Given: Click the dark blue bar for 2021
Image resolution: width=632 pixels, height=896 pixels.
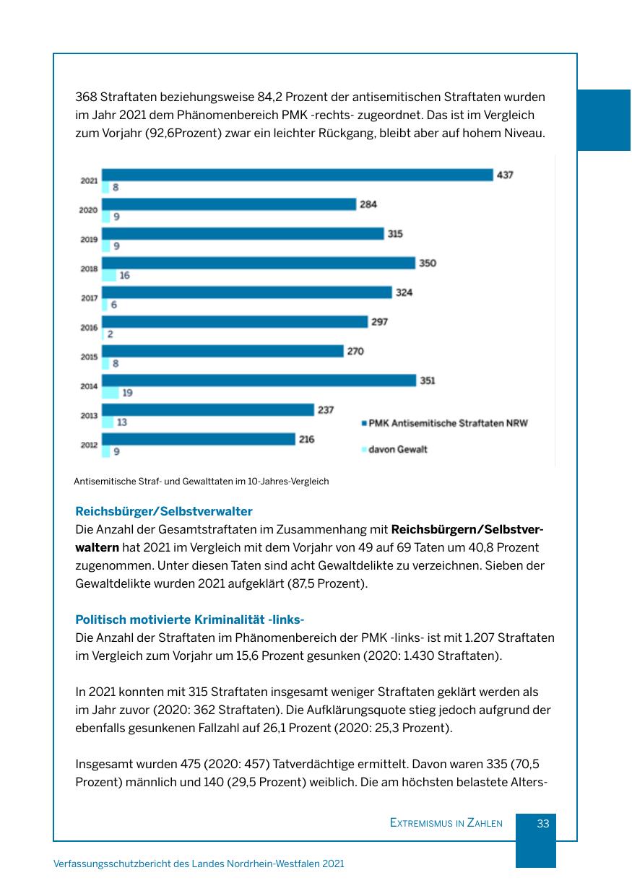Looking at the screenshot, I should pyautogui.click(x=297, y=175).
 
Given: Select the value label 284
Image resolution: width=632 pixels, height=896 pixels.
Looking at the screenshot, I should pyautogui.click(x=368, y=204).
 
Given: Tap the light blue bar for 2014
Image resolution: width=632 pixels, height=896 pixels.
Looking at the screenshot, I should pyautogui.click(x=110, y=393).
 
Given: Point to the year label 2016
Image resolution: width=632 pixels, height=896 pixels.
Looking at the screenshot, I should pyautogui.click(x=89, y=328).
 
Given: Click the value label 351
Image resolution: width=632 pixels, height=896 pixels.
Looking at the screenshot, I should pyautogui.click(x=428, y=380).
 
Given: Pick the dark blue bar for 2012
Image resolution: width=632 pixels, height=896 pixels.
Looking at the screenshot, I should pyautogui.click(x=199, y=439).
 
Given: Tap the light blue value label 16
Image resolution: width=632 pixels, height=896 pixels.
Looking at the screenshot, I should pyautogui.click(x=124, y=275).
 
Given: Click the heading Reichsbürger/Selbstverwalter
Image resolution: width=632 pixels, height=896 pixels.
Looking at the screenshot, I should pyautogui.click(x=164, y=511).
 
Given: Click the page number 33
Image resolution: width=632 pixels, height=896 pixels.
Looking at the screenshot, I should pyautogui.click(x=543, y=823).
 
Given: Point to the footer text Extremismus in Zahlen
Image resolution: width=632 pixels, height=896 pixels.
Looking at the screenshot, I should pyautogui.click(x=446, y=823).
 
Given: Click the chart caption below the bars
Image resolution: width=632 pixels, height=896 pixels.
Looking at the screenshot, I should pyautogui.click(x=201, y=482).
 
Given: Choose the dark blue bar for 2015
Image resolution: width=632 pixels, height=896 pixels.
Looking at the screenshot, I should pyautogui.click(x=222, y=351).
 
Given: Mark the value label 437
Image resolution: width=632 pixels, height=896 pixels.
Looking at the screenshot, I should pyautogui.click(x=505, y=175).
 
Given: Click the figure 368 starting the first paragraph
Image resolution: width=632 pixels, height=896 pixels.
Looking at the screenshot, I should pyautogui.click(x=86, y=97).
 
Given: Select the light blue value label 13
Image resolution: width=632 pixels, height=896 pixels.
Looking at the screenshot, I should pyautogui.click(x=122, y=422).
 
